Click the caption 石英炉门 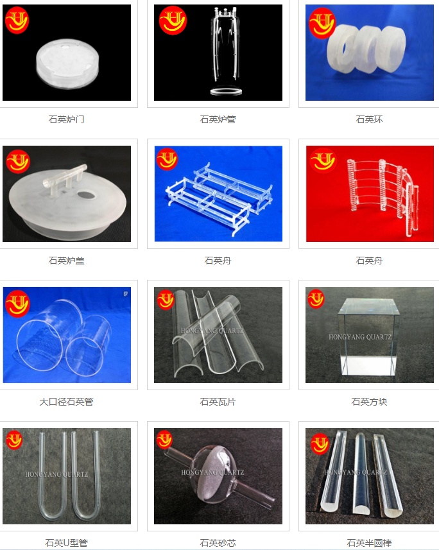click(66, 119)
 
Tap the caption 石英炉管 click(218, 119)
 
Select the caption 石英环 click(369, 119)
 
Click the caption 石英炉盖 click(66, 261)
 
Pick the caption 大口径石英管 click(66, 402)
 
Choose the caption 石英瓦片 click(218, 402)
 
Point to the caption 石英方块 click(369, 402)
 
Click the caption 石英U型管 click(66, 543)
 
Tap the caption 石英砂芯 click(218, 543)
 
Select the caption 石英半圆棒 click(369, 543)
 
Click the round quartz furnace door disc click(67, 64)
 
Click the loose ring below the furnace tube click(227, 92)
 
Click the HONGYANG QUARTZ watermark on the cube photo click(360, 337)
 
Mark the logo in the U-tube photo click(14, 440)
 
